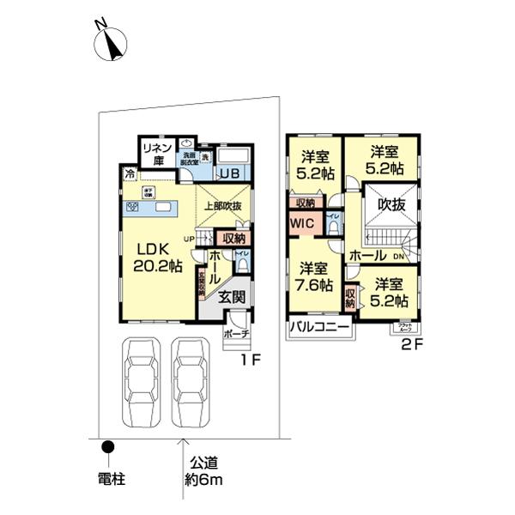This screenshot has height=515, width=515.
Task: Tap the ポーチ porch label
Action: pos(235,333)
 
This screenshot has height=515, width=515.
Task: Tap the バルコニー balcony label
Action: pos(319,327)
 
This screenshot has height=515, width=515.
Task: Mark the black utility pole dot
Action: pos(108,446)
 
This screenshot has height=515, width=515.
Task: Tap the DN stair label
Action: pos(399,255)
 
